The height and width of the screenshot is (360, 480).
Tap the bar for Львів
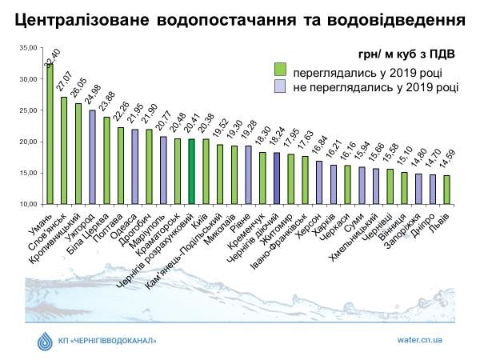click(446, 190)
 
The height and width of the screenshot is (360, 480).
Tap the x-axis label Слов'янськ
click(53, 227)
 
